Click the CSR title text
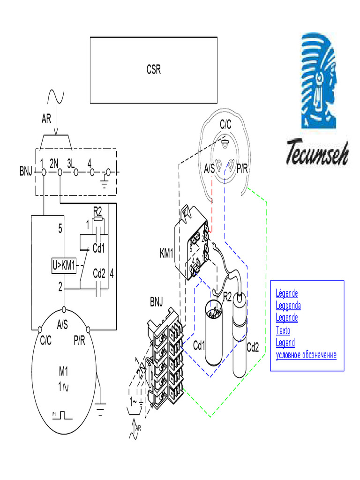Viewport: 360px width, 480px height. pos(153,70)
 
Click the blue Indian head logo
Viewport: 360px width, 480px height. pos(319,80)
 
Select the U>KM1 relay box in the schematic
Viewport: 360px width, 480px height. pos(63,265)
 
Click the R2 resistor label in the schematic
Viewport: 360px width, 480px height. pos(97,209)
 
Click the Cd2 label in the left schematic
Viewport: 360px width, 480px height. pos(99,273)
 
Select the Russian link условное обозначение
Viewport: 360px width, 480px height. pos(306,355)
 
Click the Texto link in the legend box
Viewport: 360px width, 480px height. pos(283,330)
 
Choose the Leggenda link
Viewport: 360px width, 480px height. pos(288,306)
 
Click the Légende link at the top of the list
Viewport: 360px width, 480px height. pos(287,294)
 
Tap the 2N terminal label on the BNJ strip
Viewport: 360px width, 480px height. pos(53,164)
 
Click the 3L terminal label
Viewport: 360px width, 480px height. pos(71,164)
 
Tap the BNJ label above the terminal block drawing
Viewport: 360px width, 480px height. pos(157,300)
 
